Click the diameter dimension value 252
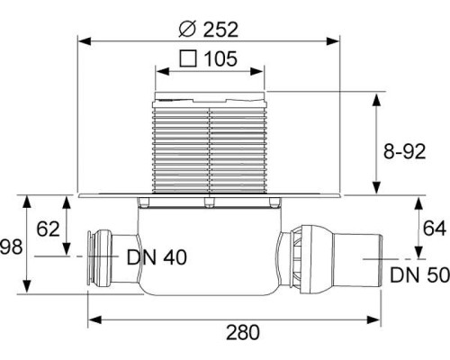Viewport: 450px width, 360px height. [221, 29]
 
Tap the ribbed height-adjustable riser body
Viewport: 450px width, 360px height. [211, 148]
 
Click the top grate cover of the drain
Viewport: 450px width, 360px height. [211, 94]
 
